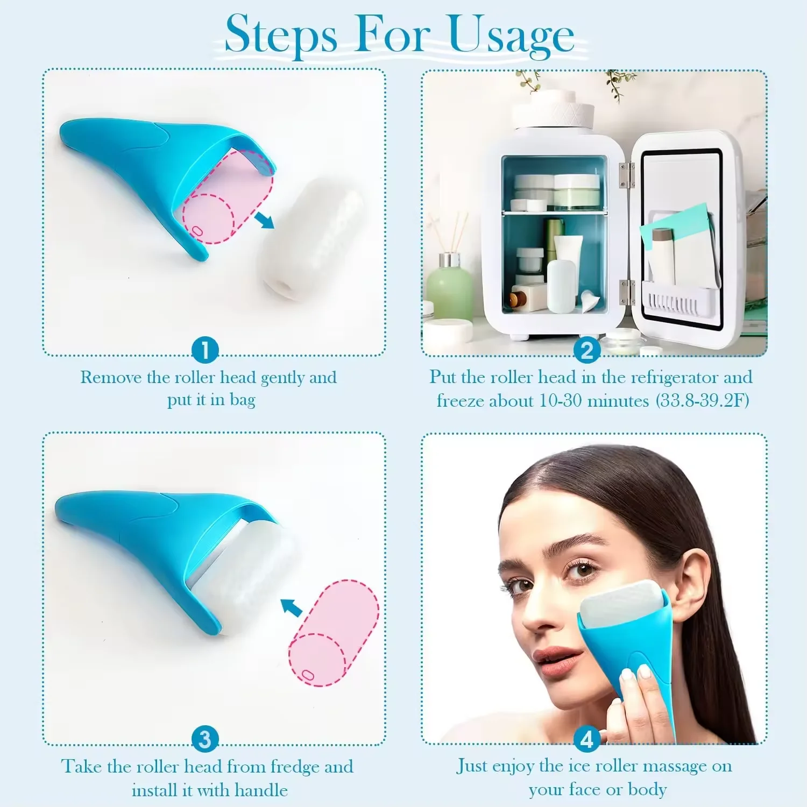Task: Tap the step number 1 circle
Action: point(205,350)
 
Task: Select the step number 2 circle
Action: point(586,350)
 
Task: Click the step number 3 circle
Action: point(205,739)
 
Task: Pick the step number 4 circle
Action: point(586,739)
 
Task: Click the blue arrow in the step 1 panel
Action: point(264,220)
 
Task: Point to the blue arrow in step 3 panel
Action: point(292,607)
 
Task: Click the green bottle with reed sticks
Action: point(449,288)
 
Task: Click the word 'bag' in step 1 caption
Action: point(242,401)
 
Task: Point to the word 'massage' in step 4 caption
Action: point(675,766)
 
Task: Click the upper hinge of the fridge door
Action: point(624,175)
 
